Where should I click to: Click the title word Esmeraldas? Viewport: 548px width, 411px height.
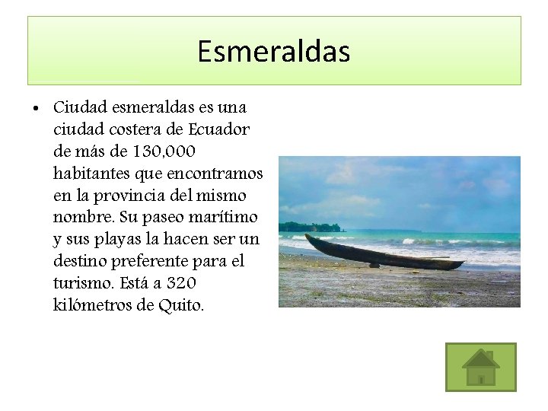273,52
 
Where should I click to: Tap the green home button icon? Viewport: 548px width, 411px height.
480,367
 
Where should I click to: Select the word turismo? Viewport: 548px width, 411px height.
84,283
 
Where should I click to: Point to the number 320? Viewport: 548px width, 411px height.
180,283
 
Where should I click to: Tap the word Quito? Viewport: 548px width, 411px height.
183,305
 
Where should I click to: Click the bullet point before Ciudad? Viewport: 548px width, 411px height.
37,108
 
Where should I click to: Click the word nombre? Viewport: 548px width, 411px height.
84,218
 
